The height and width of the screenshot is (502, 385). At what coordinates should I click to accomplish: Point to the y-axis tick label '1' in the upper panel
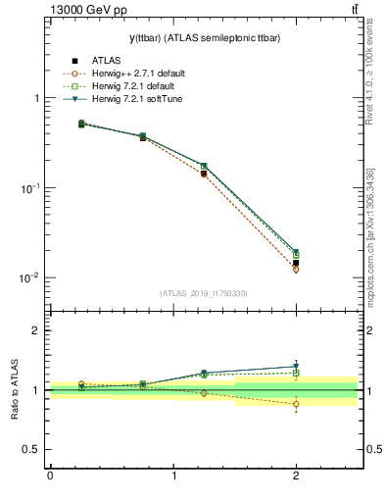click(36, 98)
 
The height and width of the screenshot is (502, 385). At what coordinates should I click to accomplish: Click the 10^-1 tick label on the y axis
click(30, 187)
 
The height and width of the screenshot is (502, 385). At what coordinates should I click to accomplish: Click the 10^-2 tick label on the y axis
click(30, 277)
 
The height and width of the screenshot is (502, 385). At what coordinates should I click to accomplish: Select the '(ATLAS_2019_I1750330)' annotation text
click(204, 293)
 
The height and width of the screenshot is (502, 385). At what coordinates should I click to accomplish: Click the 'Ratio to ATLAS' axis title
click(15, 390)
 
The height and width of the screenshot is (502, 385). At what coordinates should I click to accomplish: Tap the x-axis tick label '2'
click(296, 477)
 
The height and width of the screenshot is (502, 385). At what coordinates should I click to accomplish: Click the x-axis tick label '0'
click(50, 477)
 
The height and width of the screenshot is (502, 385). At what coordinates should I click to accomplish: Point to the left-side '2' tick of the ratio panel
click(36, 330)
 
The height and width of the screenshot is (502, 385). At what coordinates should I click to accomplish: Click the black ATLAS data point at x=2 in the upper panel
click(296, 263)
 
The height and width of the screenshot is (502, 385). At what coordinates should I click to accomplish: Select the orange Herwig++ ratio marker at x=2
click(296, 404)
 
